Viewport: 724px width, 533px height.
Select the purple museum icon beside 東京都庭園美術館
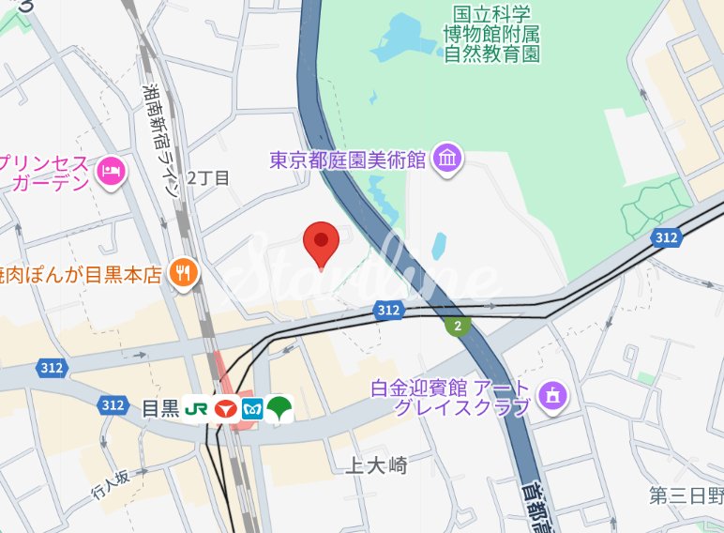(447, 159)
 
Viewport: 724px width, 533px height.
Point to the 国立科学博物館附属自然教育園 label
(491, 34)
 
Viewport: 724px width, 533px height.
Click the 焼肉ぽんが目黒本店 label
(80, 274)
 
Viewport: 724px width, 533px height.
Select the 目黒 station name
(159, 408)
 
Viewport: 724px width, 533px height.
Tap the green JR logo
(196, 409)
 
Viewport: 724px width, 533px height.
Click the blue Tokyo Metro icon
(251, 409)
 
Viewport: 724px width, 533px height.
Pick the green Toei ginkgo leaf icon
(279, 408)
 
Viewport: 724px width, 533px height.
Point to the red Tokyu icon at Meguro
(224, 409)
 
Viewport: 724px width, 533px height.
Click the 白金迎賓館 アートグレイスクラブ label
(450, 397)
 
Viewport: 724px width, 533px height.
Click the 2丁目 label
(208, 177)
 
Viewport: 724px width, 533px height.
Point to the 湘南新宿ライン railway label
(161, 141)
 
